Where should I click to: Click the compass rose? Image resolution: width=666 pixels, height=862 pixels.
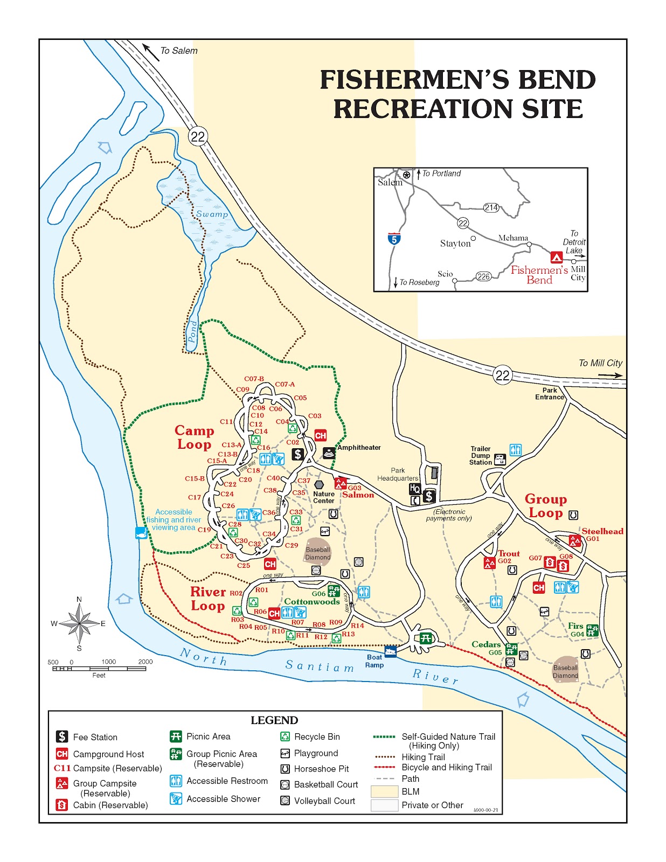tap(79, 624)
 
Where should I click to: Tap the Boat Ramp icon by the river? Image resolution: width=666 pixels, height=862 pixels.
tap(391, 651)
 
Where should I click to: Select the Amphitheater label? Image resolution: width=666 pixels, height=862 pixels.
tap(359, 448)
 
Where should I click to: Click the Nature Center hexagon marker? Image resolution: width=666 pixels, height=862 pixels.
tap(319, 485)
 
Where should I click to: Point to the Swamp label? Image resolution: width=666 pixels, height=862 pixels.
tap(212, 214)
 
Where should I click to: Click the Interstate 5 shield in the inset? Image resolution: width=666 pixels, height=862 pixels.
tap(394, 239)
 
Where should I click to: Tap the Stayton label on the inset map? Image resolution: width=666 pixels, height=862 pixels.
tap(455, 244)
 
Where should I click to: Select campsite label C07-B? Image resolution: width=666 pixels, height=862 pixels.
tap(254, 379)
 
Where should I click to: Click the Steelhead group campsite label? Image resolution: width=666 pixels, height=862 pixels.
tap(602, 531)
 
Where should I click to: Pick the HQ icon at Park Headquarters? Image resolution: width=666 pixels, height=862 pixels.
tap(414, 489)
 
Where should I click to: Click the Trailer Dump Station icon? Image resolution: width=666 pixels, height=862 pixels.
tap(500, 460)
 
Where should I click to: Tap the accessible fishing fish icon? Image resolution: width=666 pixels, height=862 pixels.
tap(141, 533)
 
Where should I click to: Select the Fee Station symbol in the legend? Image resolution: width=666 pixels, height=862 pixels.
tap(62, 736)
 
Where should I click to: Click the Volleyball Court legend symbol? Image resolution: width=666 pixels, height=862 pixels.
tap(285, 801)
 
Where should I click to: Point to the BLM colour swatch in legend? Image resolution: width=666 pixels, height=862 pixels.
tap(384, 791)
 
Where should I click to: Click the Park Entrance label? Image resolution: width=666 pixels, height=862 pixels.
tap(549, 394)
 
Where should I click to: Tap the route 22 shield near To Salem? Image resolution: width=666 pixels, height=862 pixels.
tap(198, 136)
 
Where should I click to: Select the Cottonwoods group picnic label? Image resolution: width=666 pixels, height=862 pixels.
tap(311, 602)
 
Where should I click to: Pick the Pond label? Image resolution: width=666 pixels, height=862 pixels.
tap(193, 331)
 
